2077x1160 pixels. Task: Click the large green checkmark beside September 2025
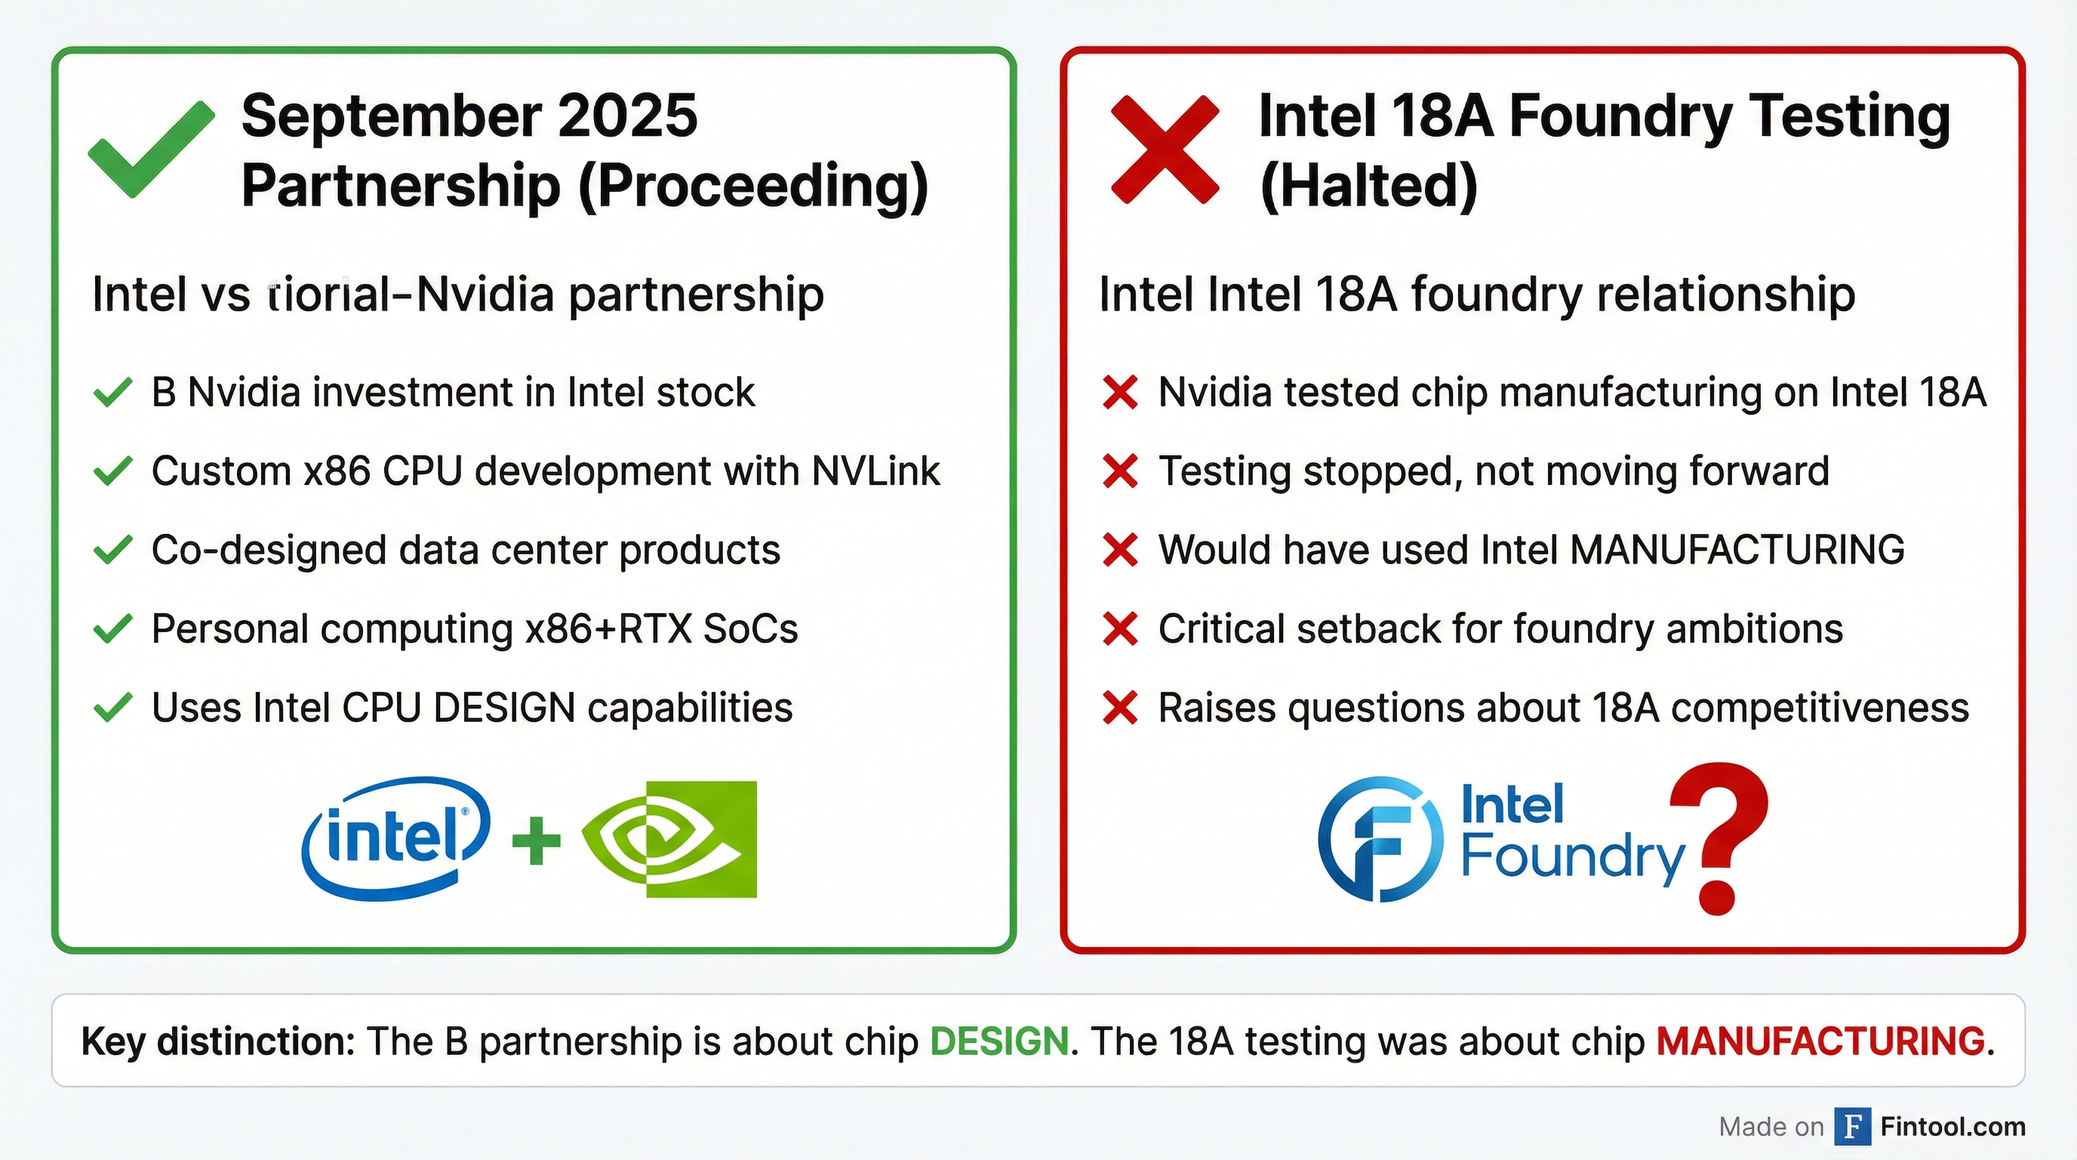(x=150, y=150)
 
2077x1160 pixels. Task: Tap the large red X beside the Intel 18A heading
(x=1165, y=150)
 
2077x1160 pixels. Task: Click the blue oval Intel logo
(x=395, y=838)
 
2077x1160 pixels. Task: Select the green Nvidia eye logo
(x=669, y=839)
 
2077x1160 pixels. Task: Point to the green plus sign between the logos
(x=536, y=840)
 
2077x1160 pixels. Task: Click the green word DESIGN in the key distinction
(x=999, y=1041)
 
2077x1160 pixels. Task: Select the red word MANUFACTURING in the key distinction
(x=1820, y=1041)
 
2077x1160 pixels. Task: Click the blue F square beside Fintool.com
(x=1852, y=1126)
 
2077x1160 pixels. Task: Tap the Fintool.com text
(x=1952, y=1126)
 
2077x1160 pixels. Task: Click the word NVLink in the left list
(x=875, y=471)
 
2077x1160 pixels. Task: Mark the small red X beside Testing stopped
(x=1120, y=471)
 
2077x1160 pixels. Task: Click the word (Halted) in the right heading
(x=1368, y=187)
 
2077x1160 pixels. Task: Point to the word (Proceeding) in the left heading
(x=753, y=187)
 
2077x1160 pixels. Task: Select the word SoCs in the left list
(x=750, y=629)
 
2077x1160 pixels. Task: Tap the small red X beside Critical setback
(x=1120, y=629)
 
